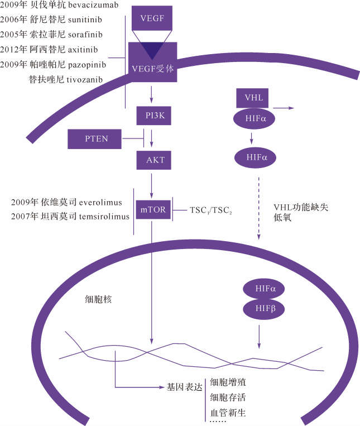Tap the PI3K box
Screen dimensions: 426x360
tap(152, 116)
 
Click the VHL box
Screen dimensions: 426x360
tap(254, 98)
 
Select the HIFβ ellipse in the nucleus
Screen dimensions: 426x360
tap(262, 309)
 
